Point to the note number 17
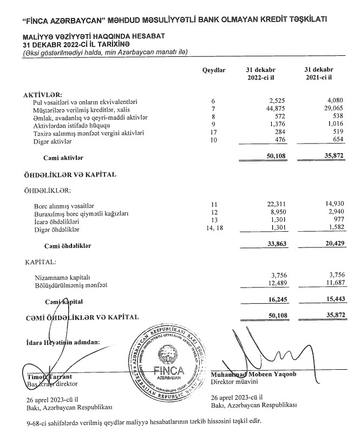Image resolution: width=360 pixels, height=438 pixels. point(213,133)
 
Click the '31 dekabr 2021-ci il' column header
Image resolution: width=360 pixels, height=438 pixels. point(319,75)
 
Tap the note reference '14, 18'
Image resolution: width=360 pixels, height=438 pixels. point(213,230)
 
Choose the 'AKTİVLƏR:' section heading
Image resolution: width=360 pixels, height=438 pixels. point(43,94)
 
